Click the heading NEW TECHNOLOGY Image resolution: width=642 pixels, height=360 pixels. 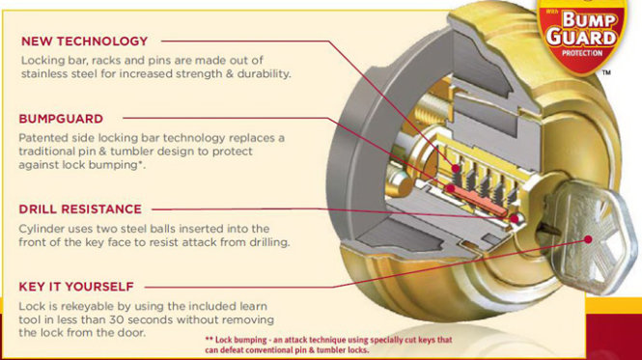(84, 42)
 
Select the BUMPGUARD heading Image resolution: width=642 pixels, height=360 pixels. (61, 119)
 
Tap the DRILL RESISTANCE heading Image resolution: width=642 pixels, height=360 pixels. (80, 209)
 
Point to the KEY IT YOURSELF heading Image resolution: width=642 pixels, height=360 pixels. (76, 287)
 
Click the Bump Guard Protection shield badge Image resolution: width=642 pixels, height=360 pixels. (582, 36)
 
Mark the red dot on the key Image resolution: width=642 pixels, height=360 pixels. (588, 239)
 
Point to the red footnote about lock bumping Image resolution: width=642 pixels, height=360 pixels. (329, 345)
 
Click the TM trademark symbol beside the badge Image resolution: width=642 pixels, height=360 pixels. (606, 73)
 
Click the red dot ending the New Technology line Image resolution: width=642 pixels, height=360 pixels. (456, 168)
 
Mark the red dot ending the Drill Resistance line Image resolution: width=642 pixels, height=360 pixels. (515, 219)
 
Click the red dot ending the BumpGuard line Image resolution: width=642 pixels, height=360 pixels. (450, 188)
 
